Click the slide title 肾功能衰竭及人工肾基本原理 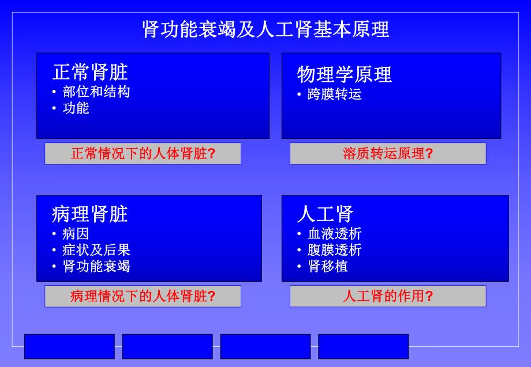pyautogui.click(x=265, y=29)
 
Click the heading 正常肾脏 pyautogui.click(x=90, y=72)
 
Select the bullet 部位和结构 pyautogui.click(x=96, y=92)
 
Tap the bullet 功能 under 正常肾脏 pyautogui.click(x=76, y=108)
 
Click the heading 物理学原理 pyautogui.click(x=344, y=74)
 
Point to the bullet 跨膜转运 pyautogui.click(x=334, y=94)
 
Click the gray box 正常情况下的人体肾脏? pyautogui.click(x=143, y=154)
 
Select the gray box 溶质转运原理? pyautogui.click(x=387, y=154)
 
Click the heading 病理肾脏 pyautogui.click(x=89, y=214)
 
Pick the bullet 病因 pyautogui.click(x=75, y=234)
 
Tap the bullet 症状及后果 pyautogui.click(x=96, y=250)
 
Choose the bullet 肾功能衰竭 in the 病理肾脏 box pyautogui.click(x=96, y=266)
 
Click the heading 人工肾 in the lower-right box pyautogui.click(x=324, y=214)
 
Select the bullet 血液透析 pyautogui.click(x=334, y=234)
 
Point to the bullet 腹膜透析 pyautogui.click(x=334, y=250)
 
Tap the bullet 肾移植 pyautogui.click(x=327, y=266)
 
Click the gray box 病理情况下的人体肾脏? pyautogui.click(x=143, y=296)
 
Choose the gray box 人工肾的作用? pyautogui.click(x=387, y=296)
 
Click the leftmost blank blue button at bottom pyautogui.click(x=69, y=346)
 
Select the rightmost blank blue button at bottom pyautogui.click(x=363, y=346)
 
